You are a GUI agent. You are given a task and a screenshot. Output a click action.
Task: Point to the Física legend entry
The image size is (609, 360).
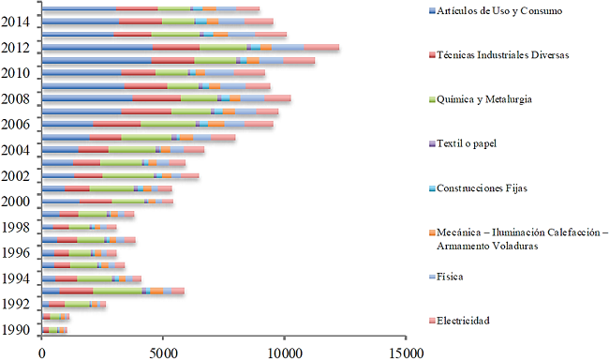tap(450, 277)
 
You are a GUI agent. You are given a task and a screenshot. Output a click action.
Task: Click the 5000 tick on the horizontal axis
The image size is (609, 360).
tap(163, 352)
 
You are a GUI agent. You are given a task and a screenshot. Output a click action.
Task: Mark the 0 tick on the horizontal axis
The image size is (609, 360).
tap(42, 352)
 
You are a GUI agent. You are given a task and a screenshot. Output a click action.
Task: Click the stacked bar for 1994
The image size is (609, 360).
tap(91, 278)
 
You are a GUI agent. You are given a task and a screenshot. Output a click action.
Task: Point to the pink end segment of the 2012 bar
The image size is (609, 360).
tap(321, 47)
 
